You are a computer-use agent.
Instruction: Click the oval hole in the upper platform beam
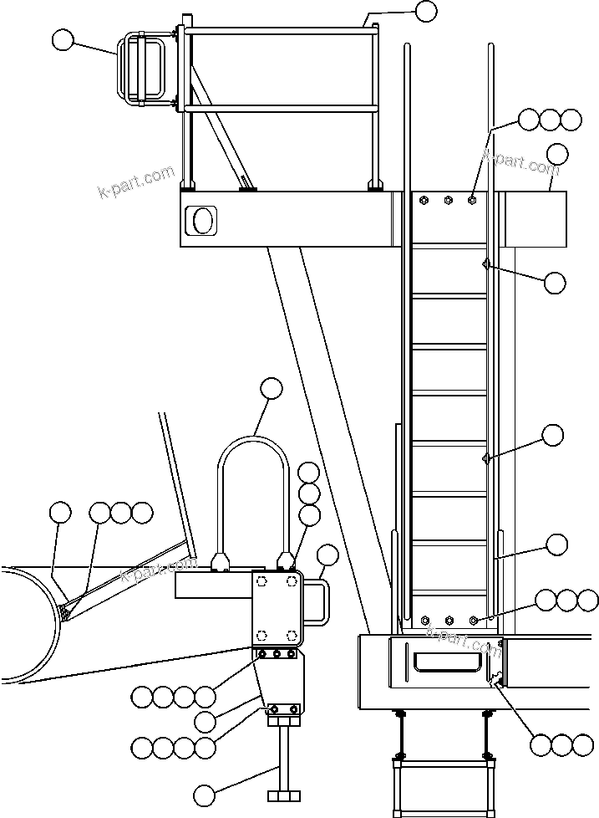tap(202, 220)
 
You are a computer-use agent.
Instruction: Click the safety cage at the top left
tap(145, 69)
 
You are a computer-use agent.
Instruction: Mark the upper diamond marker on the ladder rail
tap(485, 264)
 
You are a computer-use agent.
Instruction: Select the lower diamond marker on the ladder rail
tap(485, 458)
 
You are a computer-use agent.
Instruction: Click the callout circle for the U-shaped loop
tap(271, 388)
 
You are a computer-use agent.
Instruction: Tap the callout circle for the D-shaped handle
tap(327, 554)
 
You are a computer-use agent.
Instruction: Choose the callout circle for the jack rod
tap(204, 793)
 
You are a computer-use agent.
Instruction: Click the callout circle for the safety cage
tap(63, 39)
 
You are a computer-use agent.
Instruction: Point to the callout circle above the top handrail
tap(425, 11)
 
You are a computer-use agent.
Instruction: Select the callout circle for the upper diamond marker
tap(554, 283)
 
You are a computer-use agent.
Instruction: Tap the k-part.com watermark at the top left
tap(137, 182)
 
